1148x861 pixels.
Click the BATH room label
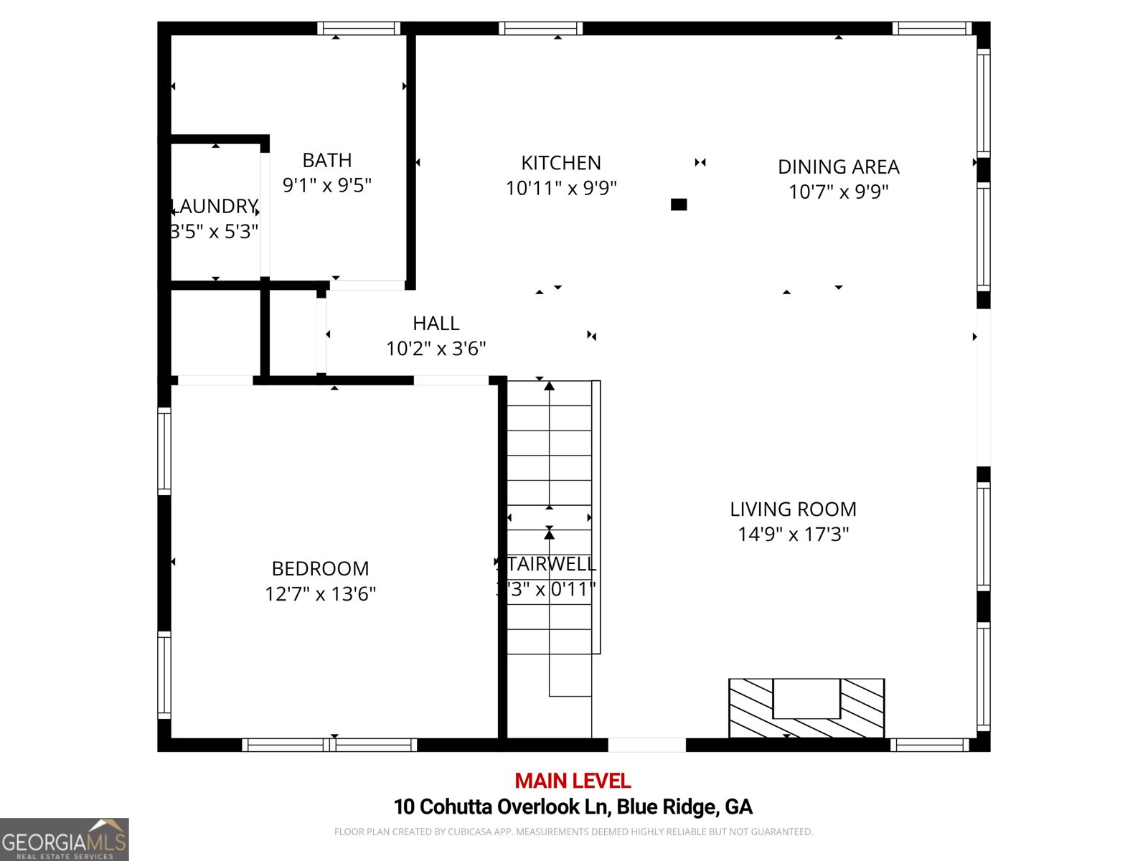pyautogui.click(x=327, y=160)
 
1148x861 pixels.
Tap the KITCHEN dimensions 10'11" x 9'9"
pyautogui.click(x=561, y=188)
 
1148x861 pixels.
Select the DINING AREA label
pyautogui.click(x=838, y=166)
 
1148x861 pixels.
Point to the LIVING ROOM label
pyautogui.click(x=793, y=509)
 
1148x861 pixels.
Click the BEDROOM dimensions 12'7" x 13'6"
pyautogui.click(x=320, y=594)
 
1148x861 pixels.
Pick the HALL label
pyautogui.click(x=436, y=323)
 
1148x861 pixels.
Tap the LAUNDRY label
pyautogui.click(x=215, y=207)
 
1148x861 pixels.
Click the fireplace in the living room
pyautogui.click(x=806, y=707)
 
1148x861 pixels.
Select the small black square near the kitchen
pyautogui.click(x=679, y=204)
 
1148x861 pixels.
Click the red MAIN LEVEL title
pyautogui.click(x=573, y=781)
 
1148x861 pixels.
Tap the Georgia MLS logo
pyautogui.click(x=64, y=839)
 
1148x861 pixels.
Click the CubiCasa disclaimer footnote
pyautogui.click(x=573, y=832)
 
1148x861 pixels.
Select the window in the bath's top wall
pyautogui.click(x=359, y=29)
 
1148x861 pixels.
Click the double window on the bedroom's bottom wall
pyautogui.click(x=329, y=745)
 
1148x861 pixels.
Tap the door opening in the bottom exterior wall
pyautogui.click(x=647, y=745)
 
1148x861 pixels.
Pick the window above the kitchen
pyautogui.click(x=540, y=29)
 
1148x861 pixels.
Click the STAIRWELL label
pyautogui.click(x=550, y=564)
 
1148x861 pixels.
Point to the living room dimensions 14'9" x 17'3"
pyautogui.click(x=793, y=535)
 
